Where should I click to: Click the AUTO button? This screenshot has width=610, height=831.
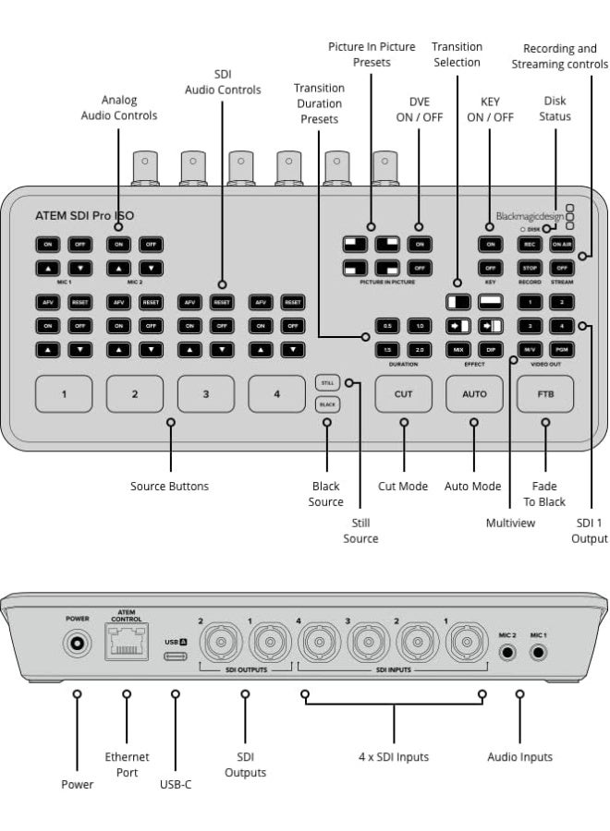[474, 393]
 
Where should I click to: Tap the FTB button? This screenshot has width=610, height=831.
[545, 393]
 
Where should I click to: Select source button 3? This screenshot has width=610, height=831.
[205, 394]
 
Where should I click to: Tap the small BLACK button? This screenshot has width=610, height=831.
[327, 404]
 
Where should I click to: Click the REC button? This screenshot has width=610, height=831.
[530, 245]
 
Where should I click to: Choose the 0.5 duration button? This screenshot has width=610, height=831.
[388, 326]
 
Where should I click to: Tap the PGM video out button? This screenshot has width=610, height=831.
[561, 350]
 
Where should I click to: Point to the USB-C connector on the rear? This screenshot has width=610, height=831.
[175, 658]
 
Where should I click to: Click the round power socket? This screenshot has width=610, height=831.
[77, 643]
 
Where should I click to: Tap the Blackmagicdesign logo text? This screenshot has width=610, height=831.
[529, 216]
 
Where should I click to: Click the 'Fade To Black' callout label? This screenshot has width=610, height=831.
[544, 493]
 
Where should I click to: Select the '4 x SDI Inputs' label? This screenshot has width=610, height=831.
[394, 757]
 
